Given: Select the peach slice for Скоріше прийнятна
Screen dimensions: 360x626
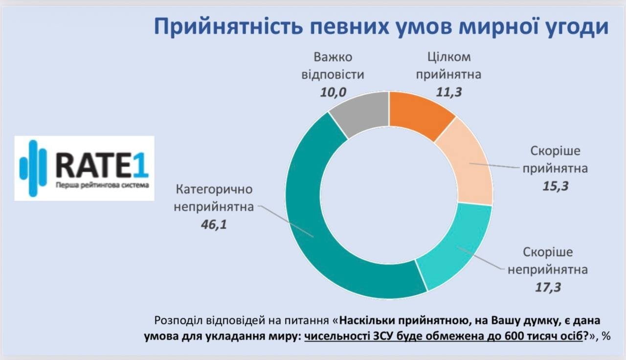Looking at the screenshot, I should [465, 161].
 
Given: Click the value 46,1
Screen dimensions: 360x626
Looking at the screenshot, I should [214, 225].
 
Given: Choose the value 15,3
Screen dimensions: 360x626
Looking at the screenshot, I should [555, 186].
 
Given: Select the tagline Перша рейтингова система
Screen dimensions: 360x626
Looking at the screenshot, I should [101, 186].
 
